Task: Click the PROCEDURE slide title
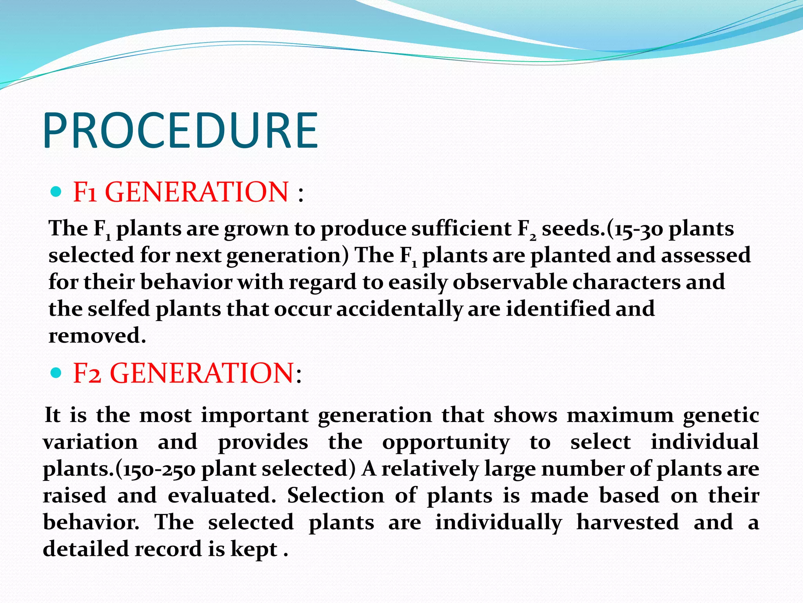click(181, 130)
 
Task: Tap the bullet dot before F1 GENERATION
click(56, 192)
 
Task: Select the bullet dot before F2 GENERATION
click(56, 373)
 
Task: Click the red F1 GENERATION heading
click(181, 192)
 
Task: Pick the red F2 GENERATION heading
click(183, 373)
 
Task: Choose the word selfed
click(119, 309)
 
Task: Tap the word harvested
click(627, 522)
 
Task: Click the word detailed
click(86, 549)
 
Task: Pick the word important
click(255, 415)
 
